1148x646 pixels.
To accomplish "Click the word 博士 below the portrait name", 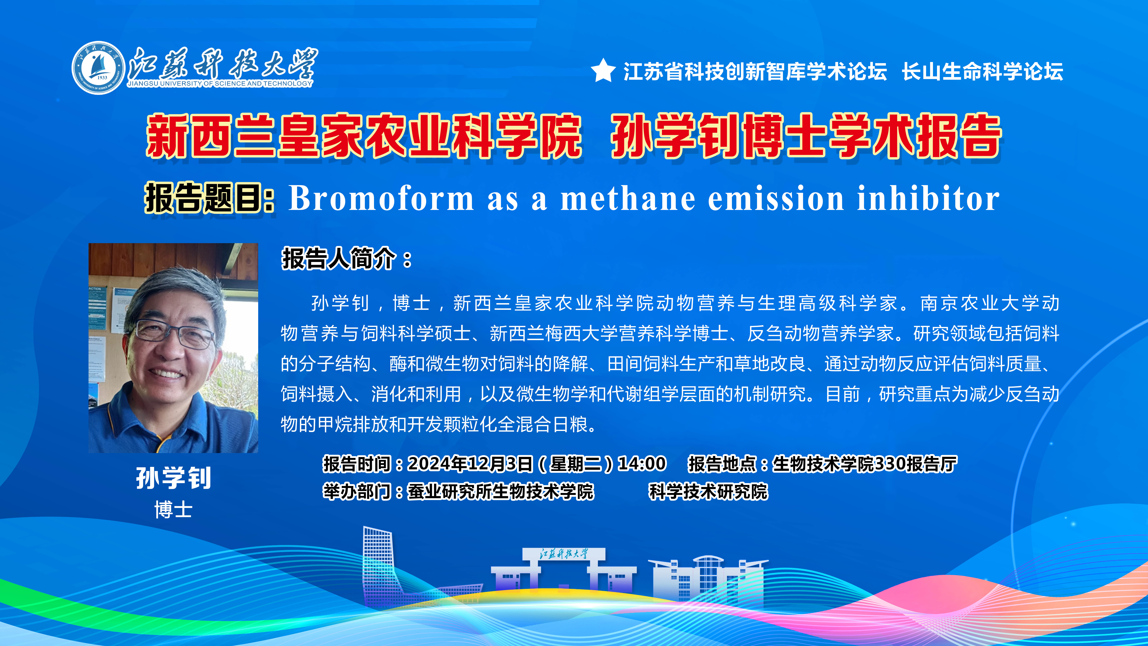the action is click(x=173, y=510).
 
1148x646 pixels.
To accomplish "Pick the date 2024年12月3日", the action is click(x=470, y=464).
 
